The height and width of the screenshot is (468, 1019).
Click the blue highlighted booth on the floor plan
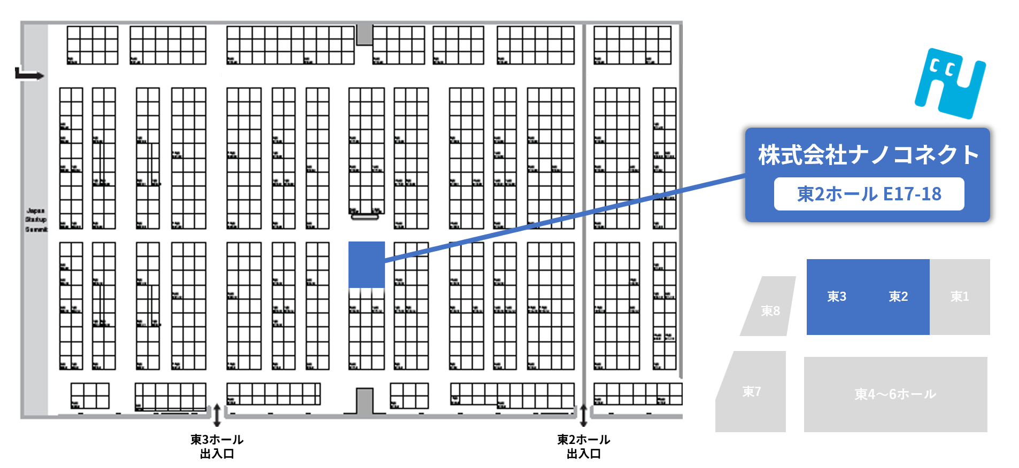[366, 264]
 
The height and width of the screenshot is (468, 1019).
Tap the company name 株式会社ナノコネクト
[868, 155]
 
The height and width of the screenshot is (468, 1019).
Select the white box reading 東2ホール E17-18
[869, 194]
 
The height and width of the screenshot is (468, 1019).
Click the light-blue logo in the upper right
[950, 83]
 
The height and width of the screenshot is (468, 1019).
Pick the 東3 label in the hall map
[837, 297]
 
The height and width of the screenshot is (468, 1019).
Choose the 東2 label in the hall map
[898, 297]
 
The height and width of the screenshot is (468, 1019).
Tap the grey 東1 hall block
[960, 297]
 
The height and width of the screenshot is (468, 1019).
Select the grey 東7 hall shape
[752, 392]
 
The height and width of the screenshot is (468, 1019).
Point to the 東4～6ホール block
[895, 394]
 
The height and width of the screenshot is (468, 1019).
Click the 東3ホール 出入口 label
[217, 446]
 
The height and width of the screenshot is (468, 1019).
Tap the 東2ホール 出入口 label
[583, 446]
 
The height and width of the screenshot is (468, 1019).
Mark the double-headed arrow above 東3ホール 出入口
[217, 415]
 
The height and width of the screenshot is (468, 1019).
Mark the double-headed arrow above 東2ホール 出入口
[583, 415]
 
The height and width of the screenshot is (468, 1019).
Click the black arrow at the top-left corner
[29, 74]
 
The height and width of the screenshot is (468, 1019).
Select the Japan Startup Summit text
[36, 220]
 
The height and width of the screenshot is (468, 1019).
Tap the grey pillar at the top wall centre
[365, 34]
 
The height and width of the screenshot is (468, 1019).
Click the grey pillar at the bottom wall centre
[365, 401]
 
